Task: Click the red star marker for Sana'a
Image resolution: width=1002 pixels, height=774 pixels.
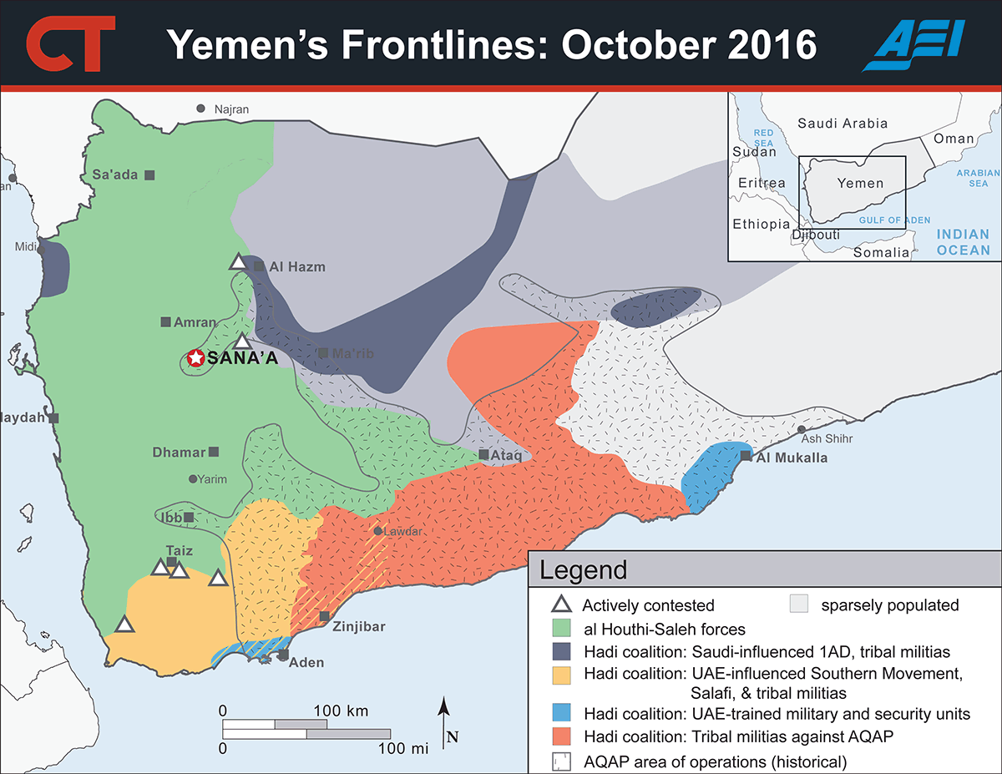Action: pos(195,358)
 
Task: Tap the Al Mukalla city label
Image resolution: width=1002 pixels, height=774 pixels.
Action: pos(792,458)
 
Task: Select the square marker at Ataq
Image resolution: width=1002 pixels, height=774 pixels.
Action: pos(484,455)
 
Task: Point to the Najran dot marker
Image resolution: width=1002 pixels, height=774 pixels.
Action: pos(200,109)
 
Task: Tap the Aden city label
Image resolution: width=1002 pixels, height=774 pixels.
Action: pos(306,663)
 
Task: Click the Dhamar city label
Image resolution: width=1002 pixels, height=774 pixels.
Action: pos(179,453)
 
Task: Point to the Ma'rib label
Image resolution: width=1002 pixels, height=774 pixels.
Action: pos(353,354)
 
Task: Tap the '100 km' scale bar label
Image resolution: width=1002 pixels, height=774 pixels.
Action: pos(342,711)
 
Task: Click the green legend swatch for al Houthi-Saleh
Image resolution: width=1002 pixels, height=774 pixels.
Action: pos(566,630)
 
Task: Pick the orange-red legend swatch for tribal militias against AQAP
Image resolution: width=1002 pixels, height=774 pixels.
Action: pos(566,736)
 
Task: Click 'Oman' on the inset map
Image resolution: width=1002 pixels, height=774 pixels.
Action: pos(954,139)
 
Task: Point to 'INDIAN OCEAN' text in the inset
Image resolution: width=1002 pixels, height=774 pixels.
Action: pos(963,242)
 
